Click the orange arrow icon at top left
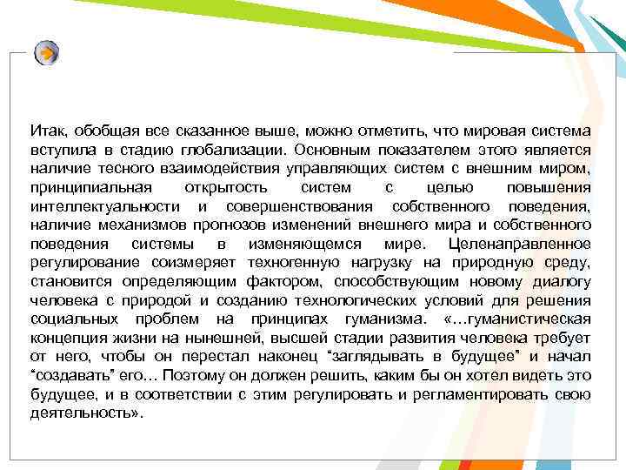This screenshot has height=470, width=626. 47,53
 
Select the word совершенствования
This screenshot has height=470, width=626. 301,205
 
